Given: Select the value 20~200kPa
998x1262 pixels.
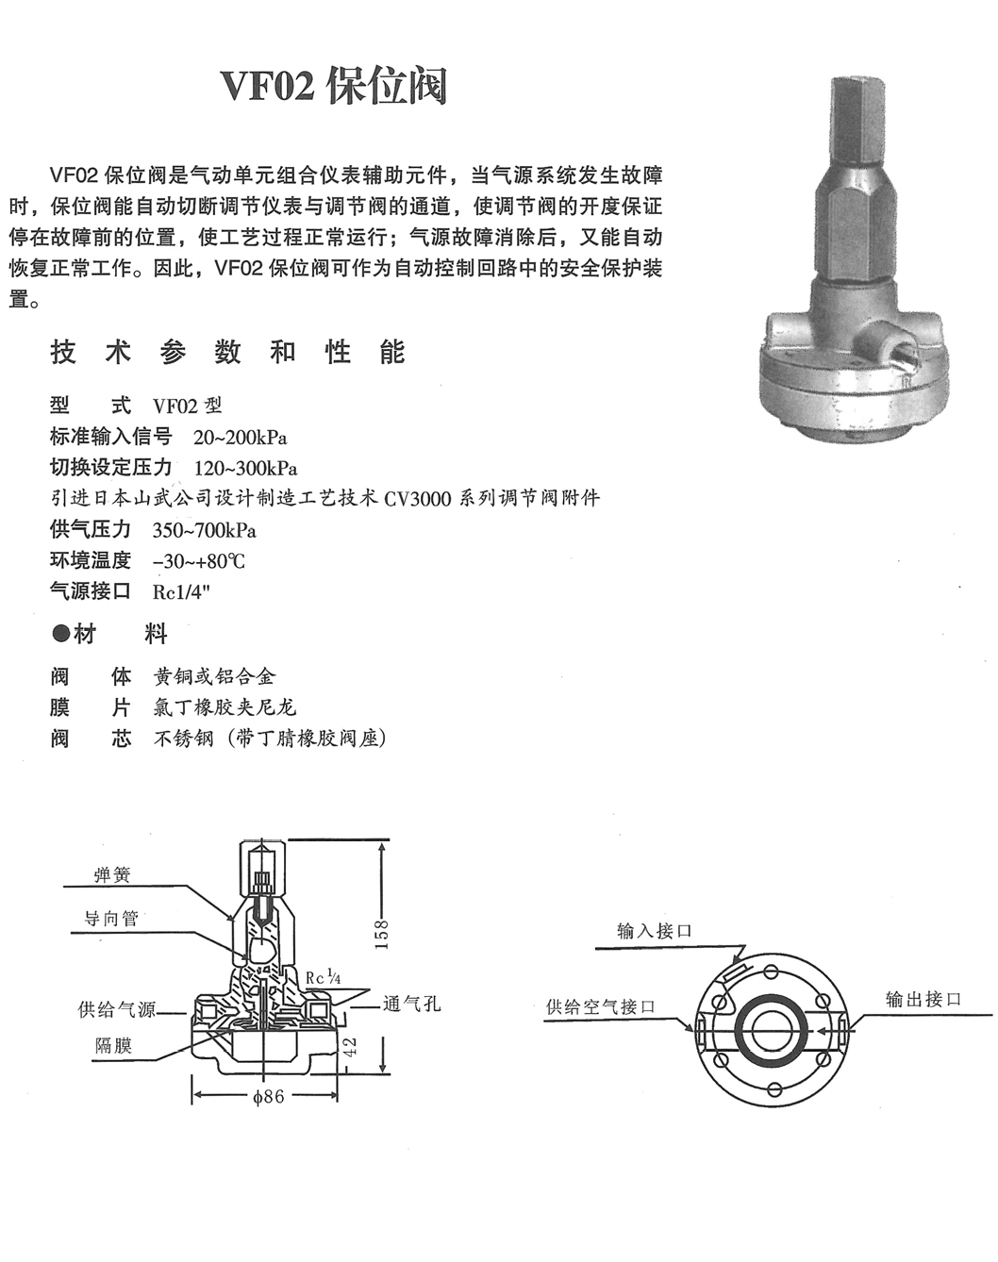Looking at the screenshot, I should point(240,438).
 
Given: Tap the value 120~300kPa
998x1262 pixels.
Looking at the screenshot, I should point(245,469).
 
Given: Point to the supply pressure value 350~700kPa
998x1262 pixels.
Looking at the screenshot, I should point(205,530).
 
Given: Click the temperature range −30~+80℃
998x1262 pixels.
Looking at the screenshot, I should point(198,561).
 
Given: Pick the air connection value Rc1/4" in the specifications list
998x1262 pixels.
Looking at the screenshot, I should point(181,592).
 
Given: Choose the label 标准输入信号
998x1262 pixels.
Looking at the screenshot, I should point(110,437).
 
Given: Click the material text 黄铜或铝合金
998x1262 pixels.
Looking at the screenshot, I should point(215,677).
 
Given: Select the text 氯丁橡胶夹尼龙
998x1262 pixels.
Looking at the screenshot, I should point(225,707).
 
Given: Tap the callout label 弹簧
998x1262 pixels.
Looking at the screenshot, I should point(112,875).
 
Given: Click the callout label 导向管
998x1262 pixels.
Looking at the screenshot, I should point(111,919).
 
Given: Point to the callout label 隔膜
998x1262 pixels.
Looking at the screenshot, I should point(113,1045).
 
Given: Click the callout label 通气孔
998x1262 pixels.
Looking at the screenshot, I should point(411,1005).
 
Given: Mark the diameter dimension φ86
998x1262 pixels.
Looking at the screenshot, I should point(268,1097).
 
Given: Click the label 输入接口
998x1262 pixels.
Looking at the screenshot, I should point(654,931).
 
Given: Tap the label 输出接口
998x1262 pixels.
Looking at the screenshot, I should point(923,999).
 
